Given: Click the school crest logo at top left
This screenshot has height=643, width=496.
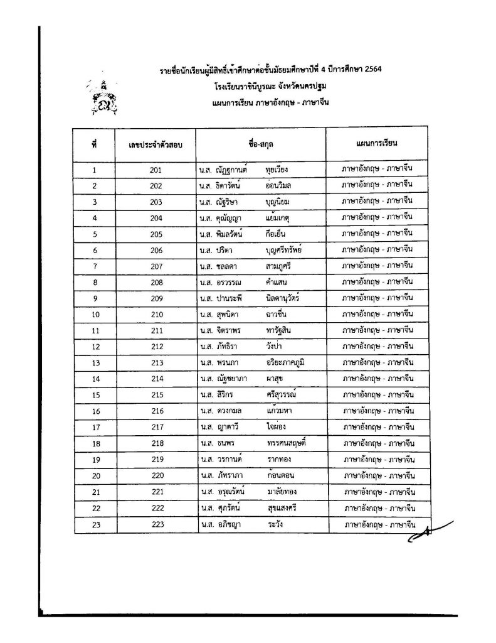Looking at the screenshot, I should (x=103, y=95).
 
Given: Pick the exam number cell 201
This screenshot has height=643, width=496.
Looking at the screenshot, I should (x=156, y=170).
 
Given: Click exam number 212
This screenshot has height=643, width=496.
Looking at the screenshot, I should (x=156, y=346).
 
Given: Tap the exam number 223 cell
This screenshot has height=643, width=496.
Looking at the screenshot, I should (x=156, y=523).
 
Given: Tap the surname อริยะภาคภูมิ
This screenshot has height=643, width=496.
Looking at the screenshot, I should (x=287, y=362).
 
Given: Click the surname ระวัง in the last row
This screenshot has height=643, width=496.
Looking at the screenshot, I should (x=275, y=523).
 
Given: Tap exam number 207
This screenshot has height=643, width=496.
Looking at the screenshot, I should (x=156, y=266).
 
